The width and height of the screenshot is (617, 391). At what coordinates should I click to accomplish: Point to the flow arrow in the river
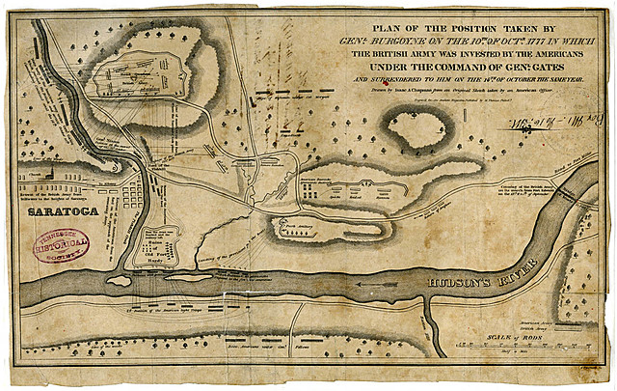pyautogui.click(x=371, y=285)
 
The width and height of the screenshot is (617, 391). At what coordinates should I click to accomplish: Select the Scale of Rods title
pyautogui.click(x=510, y=334)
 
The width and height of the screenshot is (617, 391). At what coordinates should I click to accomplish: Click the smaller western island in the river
pyautogui.click(x=119, y=281)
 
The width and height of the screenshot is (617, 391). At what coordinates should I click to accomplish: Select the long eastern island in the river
pyautogui.click(x=187, y=277)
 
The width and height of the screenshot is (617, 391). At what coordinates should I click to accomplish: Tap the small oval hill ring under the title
pyautogui.click(x=417, y=128)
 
